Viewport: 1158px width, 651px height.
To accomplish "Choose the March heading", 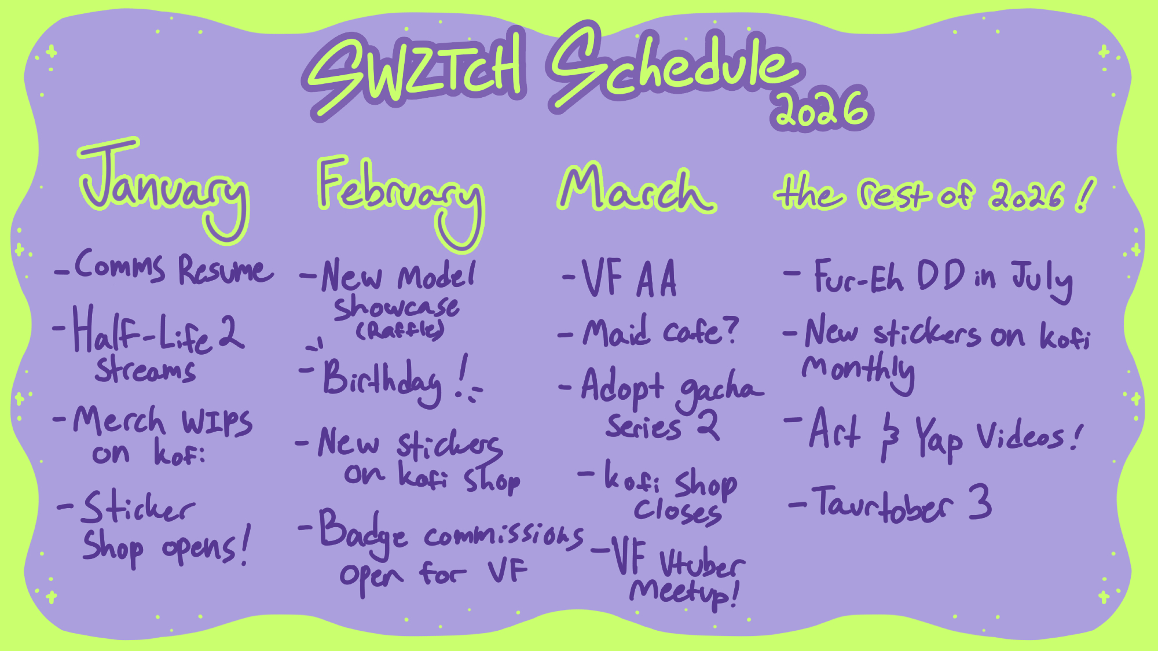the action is (637, 188).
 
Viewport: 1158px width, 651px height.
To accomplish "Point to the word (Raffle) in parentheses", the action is (400, 330).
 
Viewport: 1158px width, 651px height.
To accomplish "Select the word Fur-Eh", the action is (859, 277).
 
